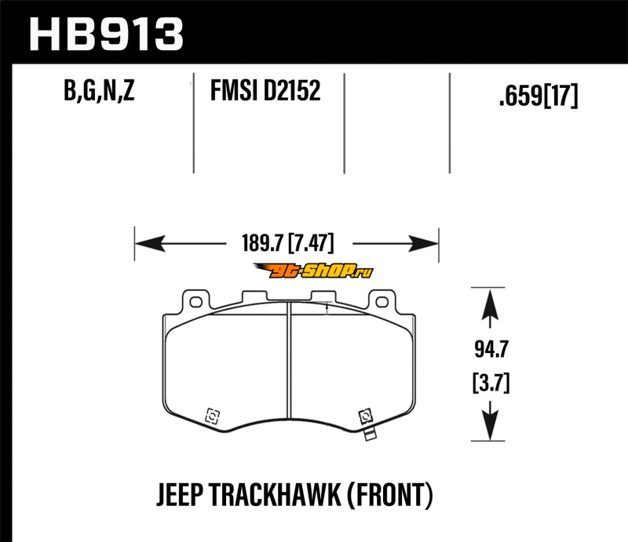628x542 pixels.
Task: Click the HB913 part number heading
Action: click(x=106, y=34)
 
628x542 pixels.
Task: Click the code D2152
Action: click(x=292, y=93)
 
